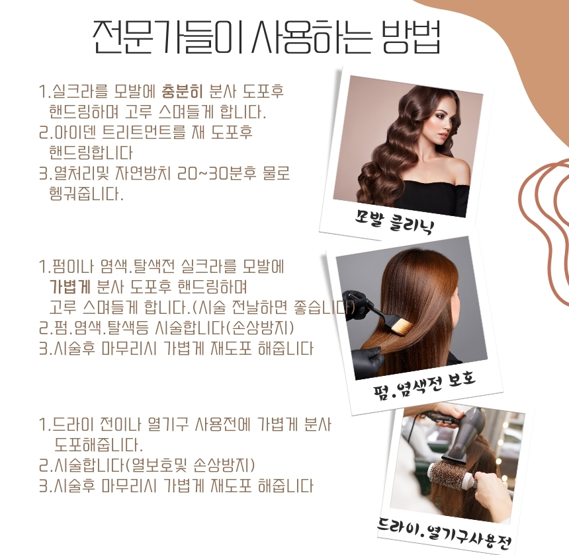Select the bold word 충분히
[182, 91]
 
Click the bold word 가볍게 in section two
[69, 287]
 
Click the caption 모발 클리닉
[394, 221]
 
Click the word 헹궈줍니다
[87, 194]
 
